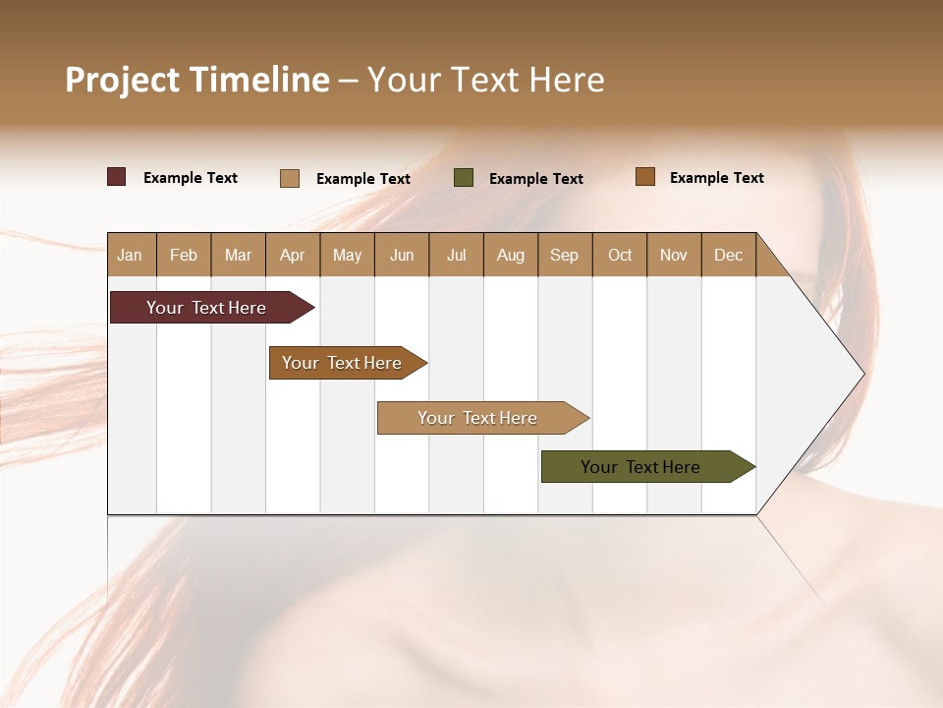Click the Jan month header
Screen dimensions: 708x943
pos(130,255)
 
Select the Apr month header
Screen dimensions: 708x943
pos(292,255)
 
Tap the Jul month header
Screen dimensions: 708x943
pos(456,255)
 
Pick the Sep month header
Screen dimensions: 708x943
pos(564,255)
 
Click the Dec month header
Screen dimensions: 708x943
pos(728,255)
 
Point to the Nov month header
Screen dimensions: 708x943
pos(673,255)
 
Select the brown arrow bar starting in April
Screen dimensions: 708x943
pos(344,363)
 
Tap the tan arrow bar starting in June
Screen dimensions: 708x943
pos(479,418)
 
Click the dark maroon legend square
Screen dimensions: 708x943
pos(116,177)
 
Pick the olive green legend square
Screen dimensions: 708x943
pos(464,177)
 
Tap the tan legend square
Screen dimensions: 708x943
pos(290,178)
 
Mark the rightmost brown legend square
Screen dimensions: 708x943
pos(644,177)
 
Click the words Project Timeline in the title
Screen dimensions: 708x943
pos(196,80)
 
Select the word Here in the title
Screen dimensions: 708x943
pos(567,80)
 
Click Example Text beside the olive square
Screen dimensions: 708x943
pos(535,179)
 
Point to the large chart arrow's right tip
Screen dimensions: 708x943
pos(862,374)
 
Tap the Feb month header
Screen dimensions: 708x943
pos(184,255)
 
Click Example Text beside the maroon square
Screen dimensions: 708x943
pos(190,178)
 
